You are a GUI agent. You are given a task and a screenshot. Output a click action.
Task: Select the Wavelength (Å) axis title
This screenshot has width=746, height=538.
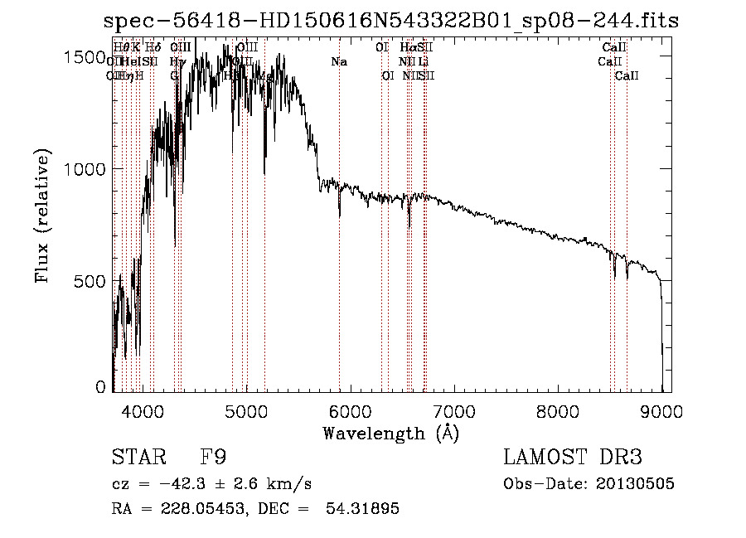390,432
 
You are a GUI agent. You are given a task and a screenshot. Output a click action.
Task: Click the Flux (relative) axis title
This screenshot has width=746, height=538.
44,217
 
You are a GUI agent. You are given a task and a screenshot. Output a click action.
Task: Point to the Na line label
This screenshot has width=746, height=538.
338,61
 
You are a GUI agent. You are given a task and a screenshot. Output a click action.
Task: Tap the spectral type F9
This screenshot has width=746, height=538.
213,457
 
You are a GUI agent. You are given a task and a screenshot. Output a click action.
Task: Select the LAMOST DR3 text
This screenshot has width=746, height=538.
573,457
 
